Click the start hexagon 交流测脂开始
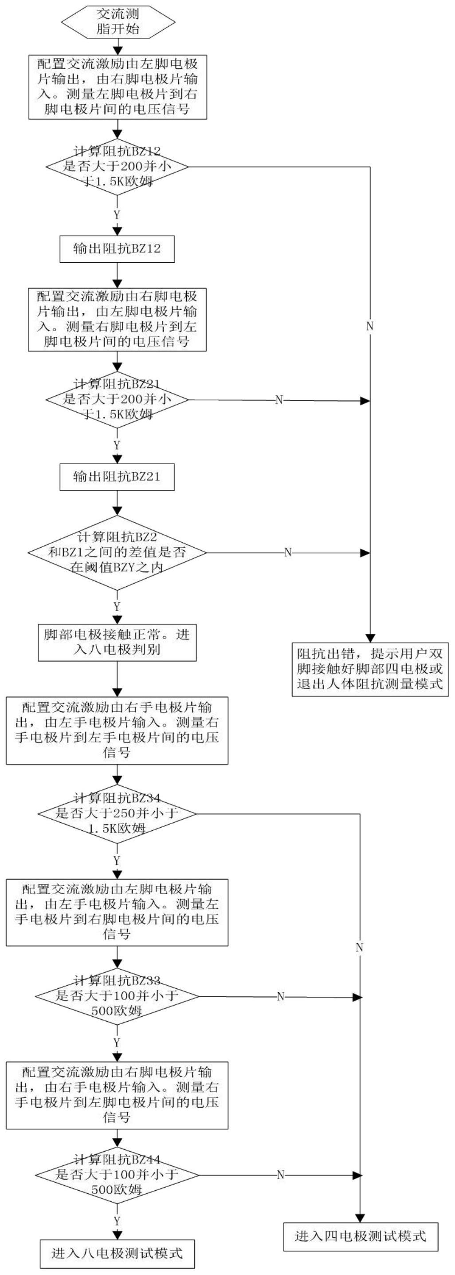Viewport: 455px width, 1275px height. [x=118, y=21]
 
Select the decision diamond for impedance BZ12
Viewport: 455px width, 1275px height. [x=117, y=167]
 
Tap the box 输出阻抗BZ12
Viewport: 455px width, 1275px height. [x=117, y=249]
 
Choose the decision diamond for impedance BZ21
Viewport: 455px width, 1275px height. [x=117, y=399]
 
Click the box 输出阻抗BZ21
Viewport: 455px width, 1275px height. [x=117, y=477]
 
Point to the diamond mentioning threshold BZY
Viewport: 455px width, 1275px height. [x=117, y=553]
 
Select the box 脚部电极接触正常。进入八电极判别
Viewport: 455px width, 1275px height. [x=117, y=642]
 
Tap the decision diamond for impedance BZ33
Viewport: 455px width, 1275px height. [x=117, y=996]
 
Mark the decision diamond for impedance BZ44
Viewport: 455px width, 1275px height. [x=117, y=1175]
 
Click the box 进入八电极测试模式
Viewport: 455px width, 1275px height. [x=117, y=1253]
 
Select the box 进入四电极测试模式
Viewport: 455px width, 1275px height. [x=360, y=1236]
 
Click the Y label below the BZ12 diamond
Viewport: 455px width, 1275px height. [x=117, y=215]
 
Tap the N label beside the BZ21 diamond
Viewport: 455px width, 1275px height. [x=279, y=400]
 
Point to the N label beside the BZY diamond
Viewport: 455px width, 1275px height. [x=288, y=553]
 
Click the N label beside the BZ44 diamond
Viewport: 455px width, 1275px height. [x=280, y=1175]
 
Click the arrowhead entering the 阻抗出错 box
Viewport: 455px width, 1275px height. [x=370, y=638]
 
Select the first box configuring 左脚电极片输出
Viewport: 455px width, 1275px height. [x=117, y=87]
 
